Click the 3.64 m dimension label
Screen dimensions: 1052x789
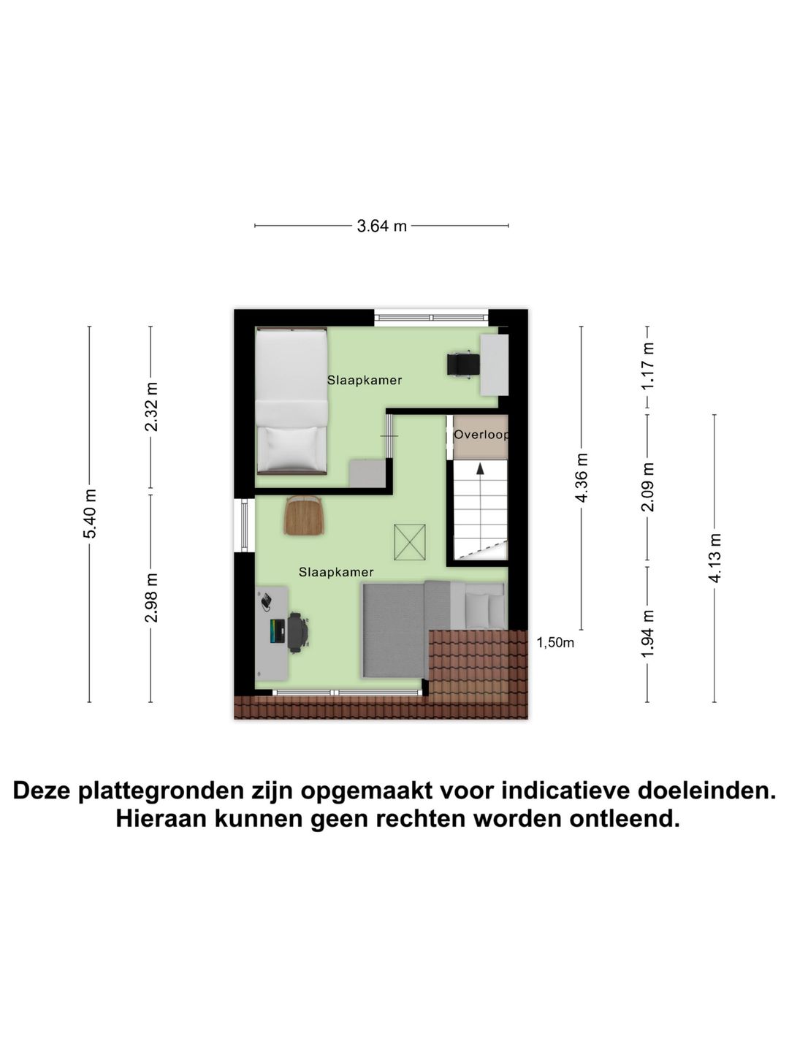(x=381, y=226)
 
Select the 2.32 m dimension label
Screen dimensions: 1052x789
(x=151, y=407)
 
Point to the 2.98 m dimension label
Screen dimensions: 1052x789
(x=151, y=598)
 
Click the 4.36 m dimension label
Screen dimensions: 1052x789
(x=582, y=478)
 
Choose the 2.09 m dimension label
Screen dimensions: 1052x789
(x=648, y=487)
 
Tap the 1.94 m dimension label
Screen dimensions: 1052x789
(x=648, y=633)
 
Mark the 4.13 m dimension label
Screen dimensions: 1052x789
(x=714, y=558)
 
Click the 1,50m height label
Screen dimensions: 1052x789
(x=555, y=643)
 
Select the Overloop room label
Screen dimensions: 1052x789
(x=480, y=435)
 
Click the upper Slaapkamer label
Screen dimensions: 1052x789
(x=365, y=381)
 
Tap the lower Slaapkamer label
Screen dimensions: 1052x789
(x=336, y=573)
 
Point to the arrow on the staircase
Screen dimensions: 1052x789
(x=480, y=469)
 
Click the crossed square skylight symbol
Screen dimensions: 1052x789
(x=410, y=543)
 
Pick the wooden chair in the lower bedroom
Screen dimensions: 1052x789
(x=304, y=515)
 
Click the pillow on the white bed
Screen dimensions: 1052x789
(x=291, y=448)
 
